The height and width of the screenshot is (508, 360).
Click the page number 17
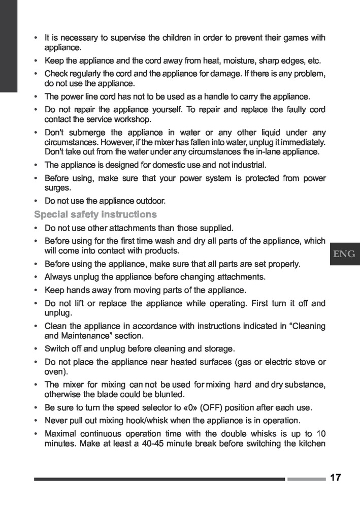[x=335, y=478]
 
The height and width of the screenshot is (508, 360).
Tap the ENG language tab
[x=344, y=253]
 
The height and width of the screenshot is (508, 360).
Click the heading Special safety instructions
[x=95, y=214]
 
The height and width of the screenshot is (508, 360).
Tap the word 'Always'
[x=57, y=277]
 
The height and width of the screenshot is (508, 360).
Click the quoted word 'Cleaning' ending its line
[x=307, y=326]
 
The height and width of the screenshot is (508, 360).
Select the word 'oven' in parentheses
[x=54, y=372]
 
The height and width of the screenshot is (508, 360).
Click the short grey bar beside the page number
[x=306, y=479]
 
